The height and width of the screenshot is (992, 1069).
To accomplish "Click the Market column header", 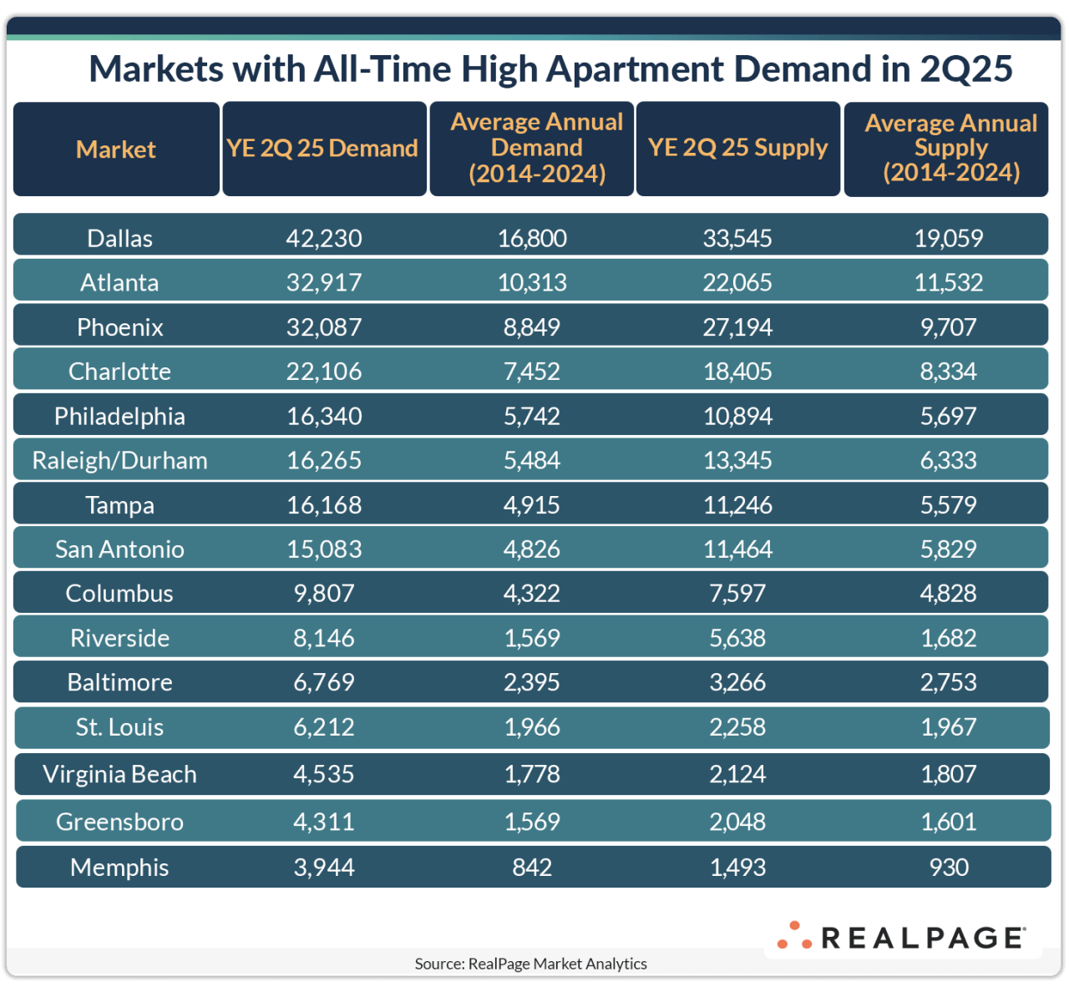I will coord(116,149).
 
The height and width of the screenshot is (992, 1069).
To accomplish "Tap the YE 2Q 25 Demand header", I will coord(323,149).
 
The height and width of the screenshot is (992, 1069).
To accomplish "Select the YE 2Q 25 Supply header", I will coord(737,148).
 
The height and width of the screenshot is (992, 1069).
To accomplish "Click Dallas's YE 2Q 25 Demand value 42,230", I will coord(324,238).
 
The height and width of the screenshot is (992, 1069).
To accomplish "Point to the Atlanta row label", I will coord(119,282).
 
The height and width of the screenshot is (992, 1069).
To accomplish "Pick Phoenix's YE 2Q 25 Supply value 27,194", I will coord(737,326).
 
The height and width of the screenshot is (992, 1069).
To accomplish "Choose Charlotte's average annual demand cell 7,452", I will coord(532,372).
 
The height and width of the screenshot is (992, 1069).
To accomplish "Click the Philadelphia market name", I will coord(119,416).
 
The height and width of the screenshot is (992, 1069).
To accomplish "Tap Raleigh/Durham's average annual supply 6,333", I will coord(948,460).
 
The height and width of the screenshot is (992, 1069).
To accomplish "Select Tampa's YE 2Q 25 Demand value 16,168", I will coord(324,505).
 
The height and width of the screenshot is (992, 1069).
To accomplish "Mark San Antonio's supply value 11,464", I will coord(737,549).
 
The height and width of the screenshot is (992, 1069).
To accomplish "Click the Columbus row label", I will coord(119,594).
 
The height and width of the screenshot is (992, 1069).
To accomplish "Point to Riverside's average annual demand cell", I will coord(532,638).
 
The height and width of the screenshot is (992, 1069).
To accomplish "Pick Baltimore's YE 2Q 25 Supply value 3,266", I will coord(737,682).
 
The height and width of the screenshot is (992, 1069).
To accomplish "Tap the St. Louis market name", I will coord(119,727).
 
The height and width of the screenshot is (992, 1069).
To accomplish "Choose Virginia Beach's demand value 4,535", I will coord(324,774).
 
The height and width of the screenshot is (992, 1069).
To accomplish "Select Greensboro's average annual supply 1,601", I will coord(948,822).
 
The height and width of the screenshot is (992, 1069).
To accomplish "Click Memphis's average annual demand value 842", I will coord(532,868).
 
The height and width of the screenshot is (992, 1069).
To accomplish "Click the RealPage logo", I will coord(902,937).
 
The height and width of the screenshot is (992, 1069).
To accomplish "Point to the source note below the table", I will coord(531,964).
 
